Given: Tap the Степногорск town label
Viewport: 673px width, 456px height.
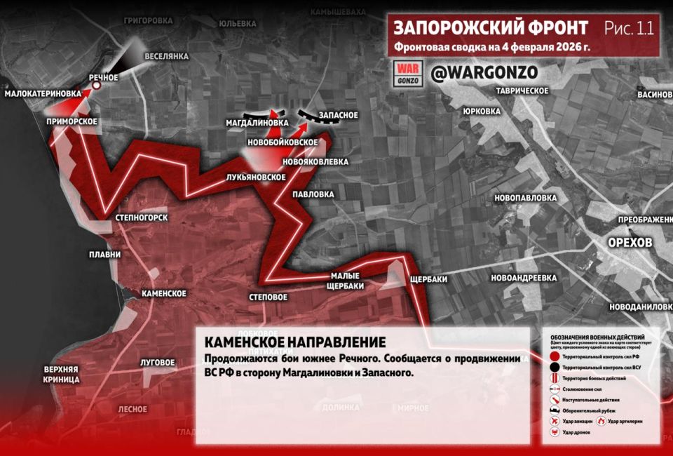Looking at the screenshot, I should point(142,218).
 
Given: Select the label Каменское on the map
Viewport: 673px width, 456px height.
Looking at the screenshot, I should point(163,293).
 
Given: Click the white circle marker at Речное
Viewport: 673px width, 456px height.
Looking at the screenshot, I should point(97,86).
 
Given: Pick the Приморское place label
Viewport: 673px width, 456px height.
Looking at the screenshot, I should point(72,121).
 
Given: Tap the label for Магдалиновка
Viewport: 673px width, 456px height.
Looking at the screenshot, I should point(257,123).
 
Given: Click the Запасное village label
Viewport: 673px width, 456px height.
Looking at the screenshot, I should point(339,115).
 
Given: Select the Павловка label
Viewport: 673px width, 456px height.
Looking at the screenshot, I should point(313,194).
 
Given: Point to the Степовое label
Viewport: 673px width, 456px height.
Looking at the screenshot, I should point(268,297).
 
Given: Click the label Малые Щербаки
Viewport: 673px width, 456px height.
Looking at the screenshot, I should point(345,280).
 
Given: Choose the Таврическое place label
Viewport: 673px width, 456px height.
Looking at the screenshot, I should point(521,91).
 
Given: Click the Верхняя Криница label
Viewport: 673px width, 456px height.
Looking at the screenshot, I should point(61,374).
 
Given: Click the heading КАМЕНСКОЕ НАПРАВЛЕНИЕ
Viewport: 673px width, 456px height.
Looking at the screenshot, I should point(294,342).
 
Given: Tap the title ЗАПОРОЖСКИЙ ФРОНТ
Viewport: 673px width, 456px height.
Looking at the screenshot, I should point(490,28).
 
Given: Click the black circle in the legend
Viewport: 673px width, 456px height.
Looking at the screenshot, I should point(554,368).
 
